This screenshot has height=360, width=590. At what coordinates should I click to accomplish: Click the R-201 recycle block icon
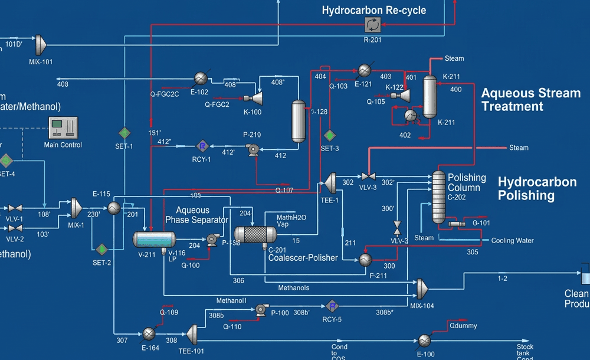pos(372,24)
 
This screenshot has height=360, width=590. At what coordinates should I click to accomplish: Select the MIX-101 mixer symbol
pos(40,44)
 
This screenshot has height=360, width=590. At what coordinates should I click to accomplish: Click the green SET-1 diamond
pos(124,133)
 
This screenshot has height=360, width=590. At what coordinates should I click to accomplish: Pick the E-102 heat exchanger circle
pos(201,78)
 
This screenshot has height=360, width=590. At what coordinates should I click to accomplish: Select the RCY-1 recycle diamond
pos(201,145)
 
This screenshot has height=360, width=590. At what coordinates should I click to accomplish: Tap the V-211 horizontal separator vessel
pos(154,239)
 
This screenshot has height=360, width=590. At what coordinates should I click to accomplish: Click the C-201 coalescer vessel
pos(255,234)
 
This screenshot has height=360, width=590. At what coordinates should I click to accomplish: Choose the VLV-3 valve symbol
pos(369,176)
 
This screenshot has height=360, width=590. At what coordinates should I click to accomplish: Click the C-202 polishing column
pos(438,197)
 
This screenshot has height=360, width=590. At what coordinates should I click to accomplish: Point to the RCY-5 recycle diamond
pos(332,305)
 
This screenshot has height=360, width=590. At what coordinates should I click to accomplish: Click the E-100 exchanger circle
pos(424,340)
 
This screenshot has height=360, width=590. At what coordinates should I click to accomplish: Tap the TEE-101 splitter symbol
pos(192,333)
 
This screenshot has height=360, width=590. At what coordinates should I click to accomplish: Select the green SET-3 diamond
pos(330,135)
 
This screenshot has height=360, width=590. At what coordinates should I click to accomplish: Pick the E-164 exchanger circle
pos(149,333)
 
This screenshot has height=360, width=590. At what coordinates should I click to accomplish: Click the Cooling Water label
pos(512,240)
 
